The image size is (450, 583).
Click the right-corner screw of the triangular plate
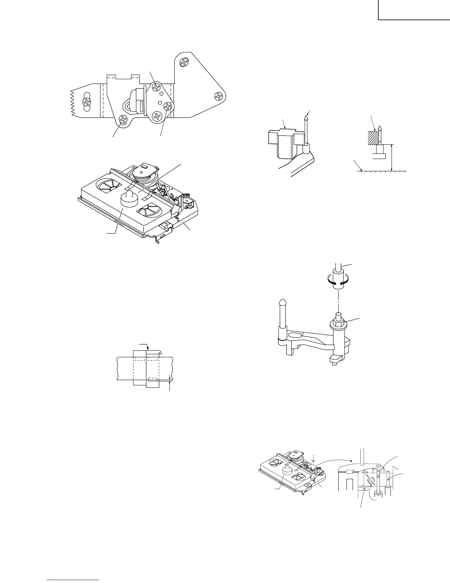219,96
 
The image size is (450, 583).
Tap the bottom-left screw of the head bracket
124,119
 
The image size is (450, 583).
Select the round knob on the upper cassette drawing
129,199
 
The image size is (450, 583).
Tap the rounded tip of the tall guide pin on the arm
282,303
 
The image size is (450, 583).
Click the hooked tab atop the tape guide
154,351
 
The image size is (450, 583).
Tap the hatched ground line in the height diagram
382,171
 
